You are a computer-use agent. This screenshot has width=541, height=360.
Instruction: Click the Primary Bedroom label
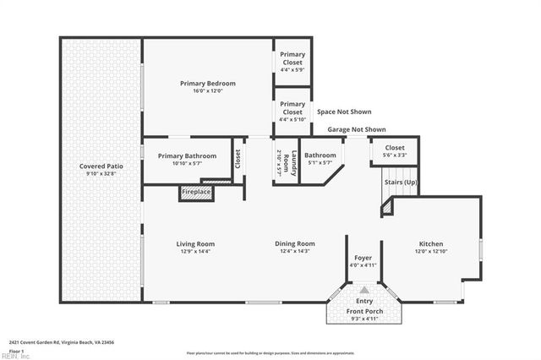[207, 84]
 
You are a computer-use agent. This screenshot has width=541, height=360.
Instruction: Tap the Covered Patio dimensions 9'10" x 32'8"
[101, 175]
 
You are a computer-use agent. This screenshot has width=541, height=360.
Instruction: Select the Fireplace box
[196, 193]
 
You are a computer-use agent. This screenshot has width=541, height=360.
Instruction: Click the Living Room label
[194, 243]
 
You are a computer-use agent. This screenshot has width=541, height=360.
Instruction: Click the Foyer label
[363, 258]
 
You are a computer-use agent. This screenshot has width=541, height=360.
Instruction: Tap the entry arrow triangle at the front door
[364, 289]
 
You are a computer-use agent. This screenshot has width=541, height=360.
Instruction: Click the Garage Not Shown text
[357, 129]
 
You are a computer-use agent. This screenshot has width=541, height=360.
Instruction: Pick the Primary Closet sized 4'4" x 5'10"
[292, 112]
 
